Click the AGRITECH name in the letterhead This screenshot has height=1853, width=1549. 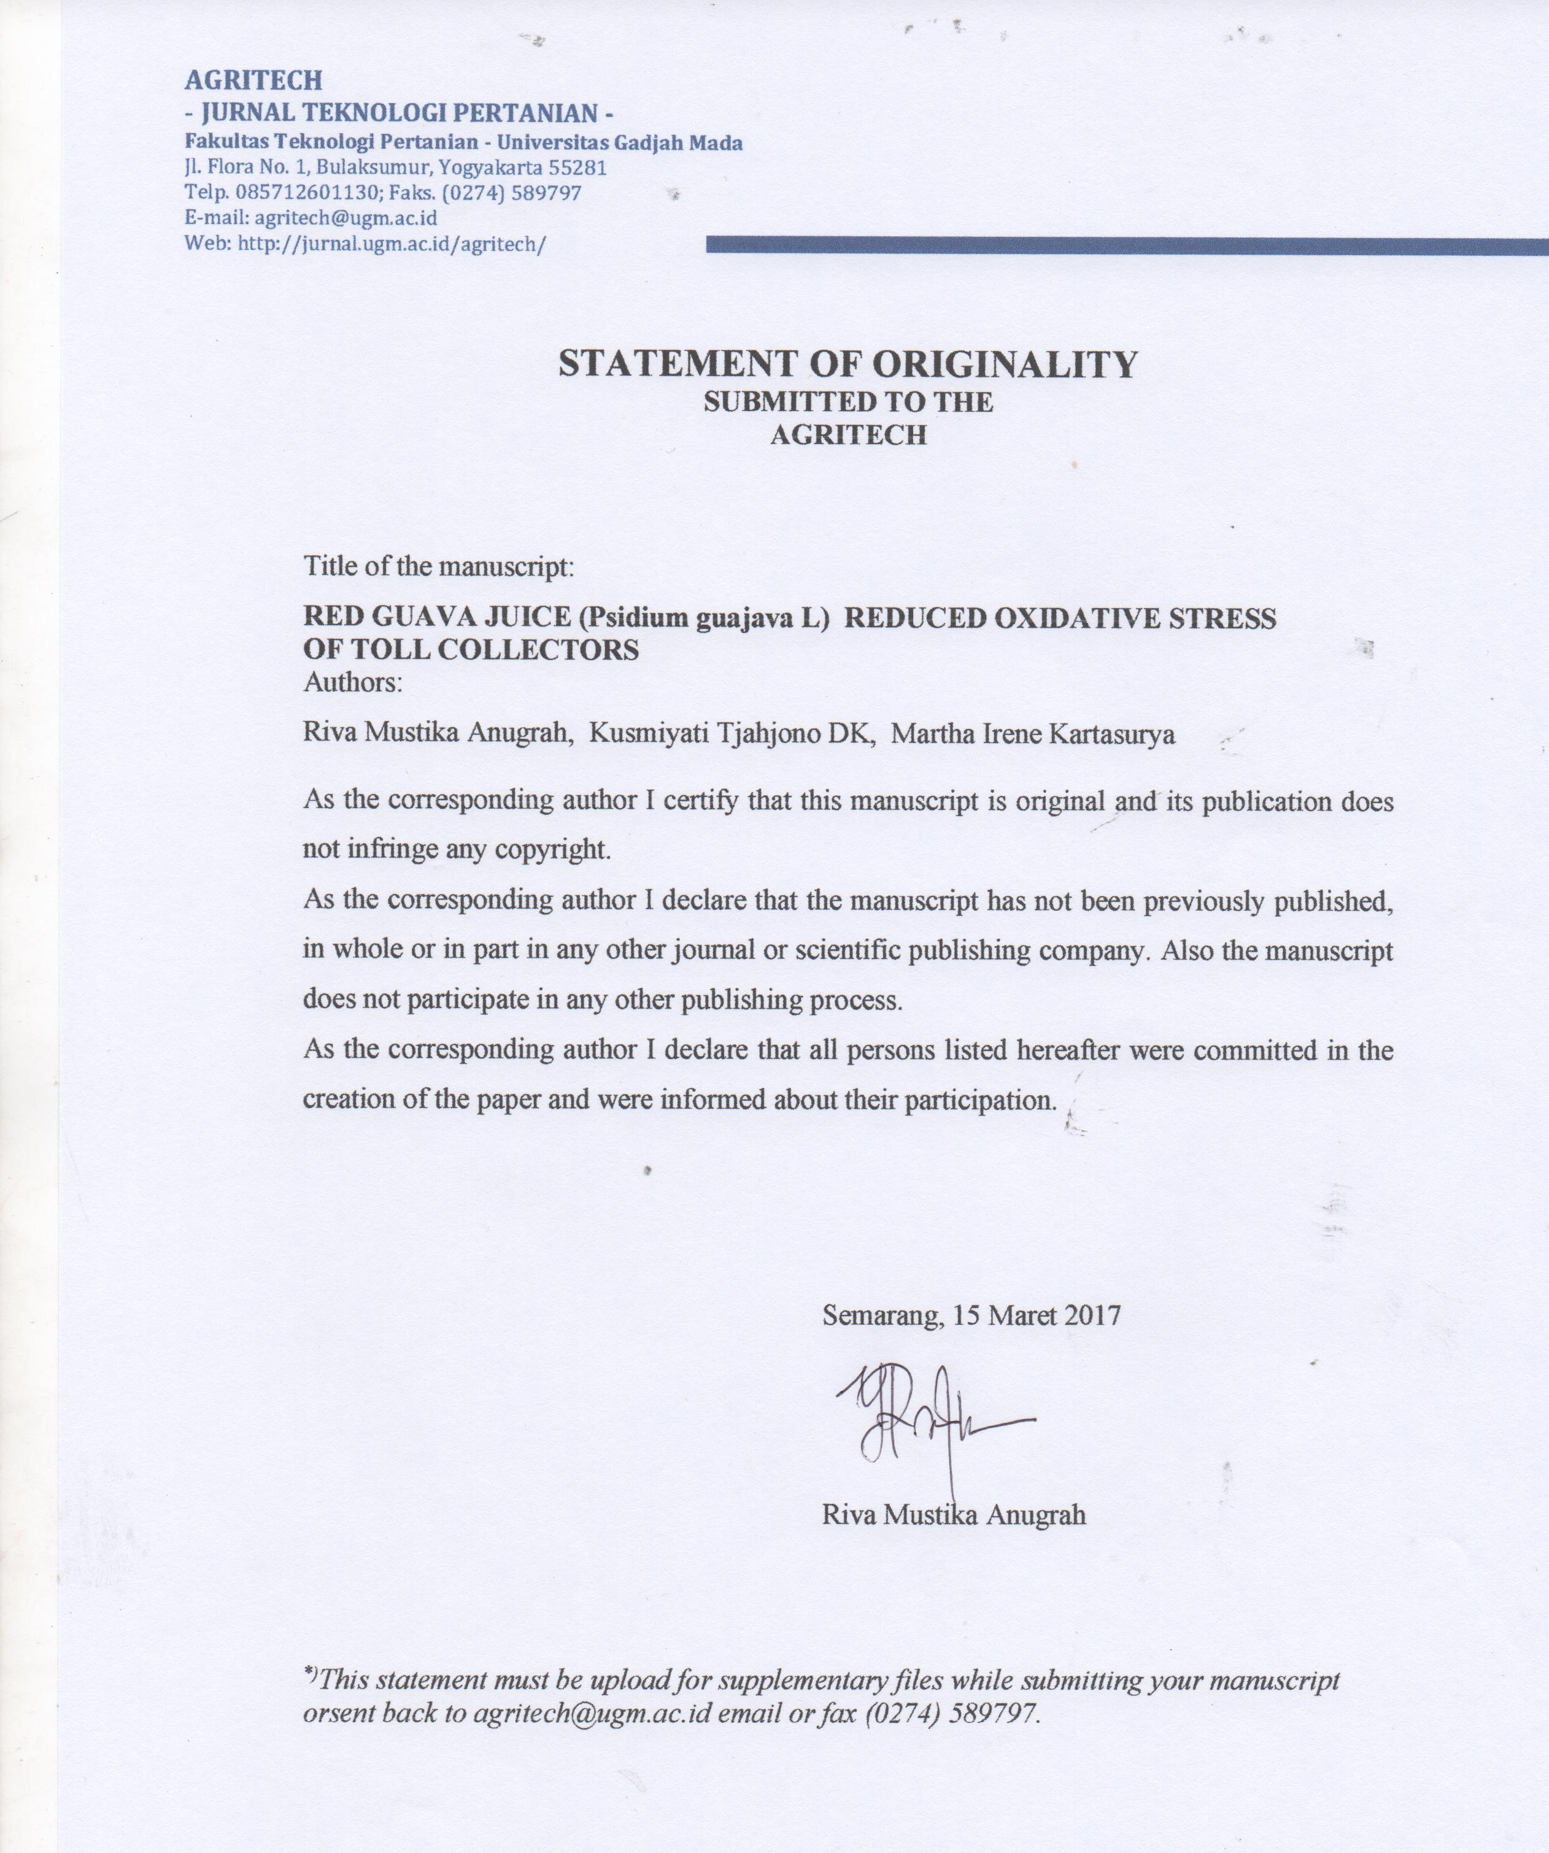[253, 81]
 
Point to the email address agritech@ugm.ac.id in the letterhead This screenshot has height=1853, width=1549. [346, 218]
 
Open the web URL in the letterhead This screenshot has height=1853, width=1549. [388, 244]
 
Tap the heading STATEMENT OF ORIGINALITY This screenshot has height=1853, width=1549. [848, 363]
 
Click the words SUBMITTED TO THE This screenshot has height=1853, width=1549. [848, 403]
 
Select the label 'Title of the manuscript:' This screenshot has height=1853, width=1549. [439, 566]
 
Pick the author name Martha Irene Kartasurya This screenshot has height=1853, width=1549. [1033, 734]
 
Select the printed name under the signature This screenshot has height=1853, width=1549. [953, 1515]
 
